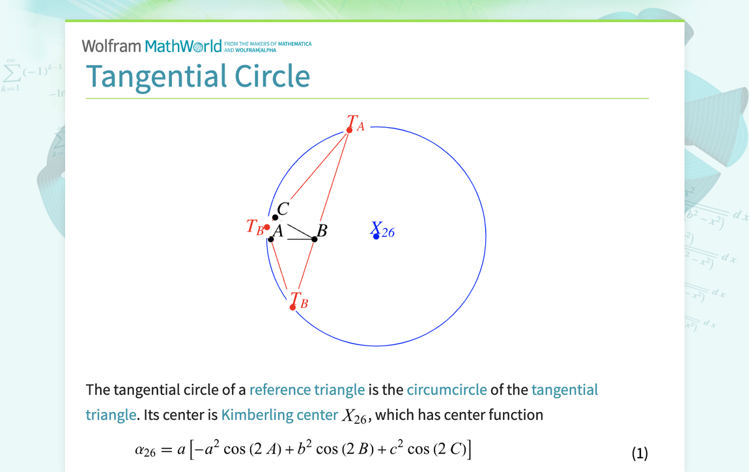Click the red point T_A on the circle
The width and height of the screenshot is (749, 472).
pos(350,130)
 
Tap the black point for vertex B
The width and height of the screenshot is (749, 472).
pos(315,239)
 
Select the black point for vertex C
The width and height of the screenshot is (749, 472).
pos(275,218)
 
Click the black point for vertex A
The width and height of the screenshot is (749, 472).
pos(271,239)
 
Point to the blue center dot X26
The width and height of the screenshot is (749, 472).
pos(376,236)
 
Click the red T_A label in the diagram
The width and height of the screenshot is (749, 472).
pos(356,123)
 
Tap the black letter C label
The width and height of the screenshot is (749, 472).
pos(283,209)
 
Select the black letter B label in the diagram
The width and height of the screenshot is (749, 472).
pos(322,231)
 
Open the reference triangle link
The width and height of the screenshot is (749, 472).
pos(307,390)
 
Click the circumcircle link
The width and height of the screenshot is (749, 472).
pos(447,390)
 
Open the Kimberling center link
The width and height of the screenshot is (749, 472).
pos(279,415)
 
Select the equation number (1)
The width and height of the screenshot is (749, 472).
pos(640,453)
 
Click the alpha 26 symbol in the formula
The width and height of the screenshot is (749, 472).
pos(145,450)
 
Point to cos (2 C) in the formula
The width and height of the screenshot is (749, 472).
pos(436,450)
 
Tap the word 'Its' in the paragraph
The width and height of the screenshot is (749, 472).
pos(151,415)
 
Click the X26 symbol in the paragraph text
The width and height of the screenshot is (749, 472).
pos(354,416)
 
